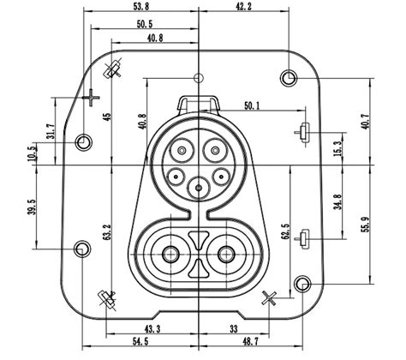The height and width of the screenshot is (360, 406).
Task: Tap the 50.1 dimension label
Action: click(254, 105)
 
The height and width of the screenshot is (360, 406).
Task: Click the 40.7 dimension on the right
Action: click(366, 121)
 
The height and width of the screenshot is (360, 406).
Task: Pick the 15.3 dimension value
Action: click(337, 147)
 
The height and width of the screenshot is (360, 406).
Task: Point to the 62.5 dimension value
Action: click(285, 232)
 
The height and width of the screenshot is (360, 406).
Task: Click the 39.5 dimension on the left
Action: click(33, 208)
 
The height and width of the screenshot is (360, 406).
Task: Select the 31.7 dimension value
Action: click(51, 130)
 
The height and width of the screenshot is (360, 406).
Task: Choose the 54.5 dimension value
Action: click(142, 343)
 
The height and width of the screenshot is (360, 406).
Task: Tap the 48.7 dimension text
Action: click(248, 343)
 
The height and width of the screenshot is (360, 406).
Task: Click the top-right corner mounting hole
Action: click(289, 79)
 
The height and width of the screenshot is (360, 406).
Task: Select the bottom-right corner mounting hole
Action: click(302, 284)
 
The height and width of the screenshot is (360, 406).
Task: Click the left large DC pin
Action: click(170, 254)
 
